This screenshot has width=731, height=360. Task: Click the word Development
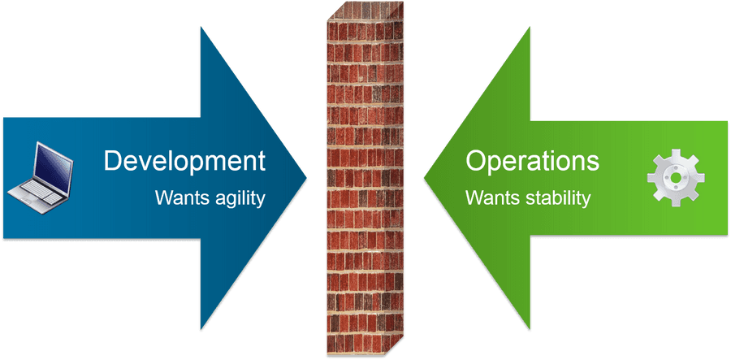coord(184,161)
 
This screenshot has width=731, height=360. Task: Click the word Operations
coord(532,161)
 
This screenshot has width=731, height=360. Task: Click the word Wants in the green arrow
coord(493,197)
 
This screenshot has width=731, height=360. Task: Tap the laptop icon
coord(41,178)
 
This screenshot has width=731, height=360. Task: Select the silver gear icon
coord(676,178)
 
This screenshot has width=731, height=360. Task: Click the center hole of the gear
coord(676,178)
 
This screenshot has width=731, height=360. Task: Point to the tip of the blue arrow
coord(307,177)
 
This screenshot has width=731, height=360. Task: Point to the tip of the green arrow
coord(424,178)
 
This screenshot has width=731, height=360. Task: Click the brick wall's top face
coord(366,11)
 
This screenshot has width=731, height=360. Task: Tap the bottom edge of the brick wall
coord(365,354)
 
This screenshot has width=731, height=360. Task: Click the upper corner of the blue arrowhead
coord(201,27)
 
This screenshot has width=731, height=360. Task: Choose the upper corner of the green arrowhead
coord(530,27)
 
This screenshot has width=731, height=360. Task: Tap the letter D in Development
coord(113,160)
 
